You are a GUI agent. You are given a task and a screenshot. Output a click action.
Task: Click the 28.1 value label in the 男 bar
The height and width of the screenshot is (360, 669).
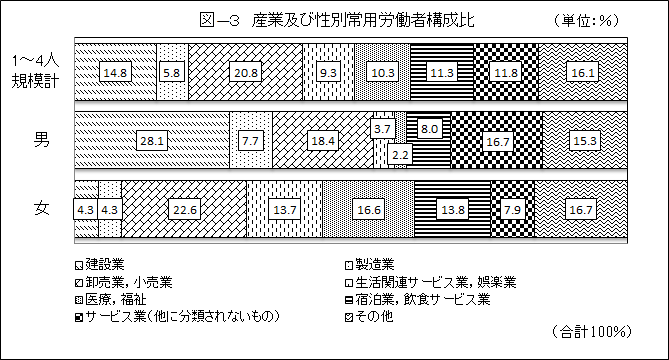click(152, 141)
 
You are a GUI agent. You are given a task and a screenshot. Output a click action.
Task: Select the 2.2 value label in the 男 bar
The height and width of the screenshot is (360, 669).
click(399, 154)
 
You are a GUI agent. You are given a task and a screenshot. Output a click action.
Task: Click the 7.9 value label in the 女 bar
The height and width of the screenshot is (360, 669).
click(512, 208)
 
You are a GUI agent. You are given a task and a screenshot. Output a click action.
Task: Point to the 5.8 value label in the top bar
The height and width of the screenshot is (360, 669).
click(173, 71)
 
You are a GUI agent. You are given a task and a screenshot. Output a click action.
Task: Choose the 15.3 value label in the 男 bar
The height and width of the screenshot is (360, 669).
click(583, 141)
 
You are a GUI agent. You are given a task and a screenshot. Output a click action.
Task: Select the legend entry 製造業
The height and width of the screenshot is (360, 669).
click(376, 265)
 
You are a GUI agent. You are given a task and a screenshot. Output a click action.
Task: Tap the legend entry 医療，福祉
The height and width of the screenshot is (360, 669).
click(111, 298)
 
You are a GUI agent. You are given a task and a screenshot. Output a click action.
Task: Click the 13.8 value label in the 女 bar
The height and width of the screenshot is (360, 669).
click(452, 208)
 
